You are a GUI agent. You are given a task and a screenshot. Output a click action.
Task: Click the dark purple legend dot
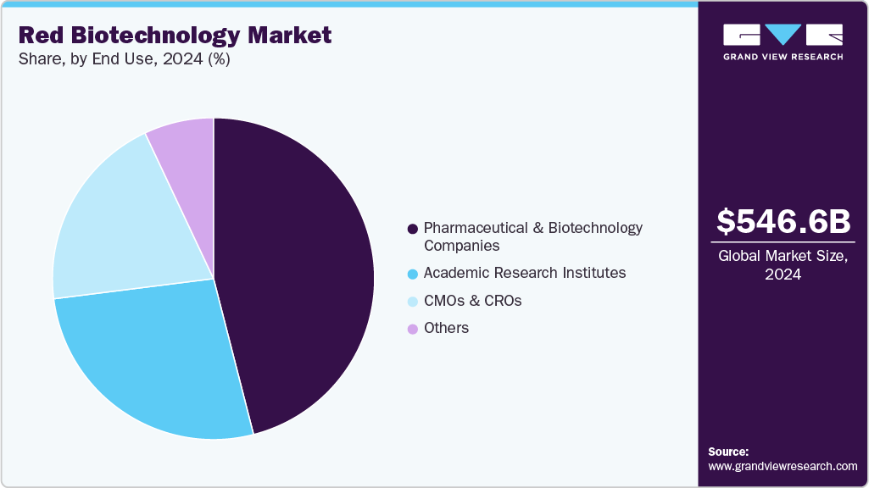pyautogui.click(x=413, y=229)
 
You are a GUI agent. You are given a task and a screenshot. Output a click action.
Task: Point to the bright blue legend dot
pyautogui.click(x=413, y=274)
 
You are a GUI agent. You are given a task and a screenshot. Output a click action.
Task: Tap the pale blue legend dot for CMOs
pyautogui.click(x=413, y=301)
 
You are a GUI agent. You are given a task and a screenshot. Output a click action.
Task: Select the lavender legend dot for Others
pyautogui.click(x=413, y=329)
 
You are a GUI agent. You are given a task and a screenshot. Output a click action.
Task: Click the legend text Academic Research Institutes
pyautogui.click(x=525, y=273)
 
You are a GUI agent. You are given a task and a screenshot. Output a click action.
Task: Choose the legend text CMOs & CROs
pyautogui.click(x=472, y=301)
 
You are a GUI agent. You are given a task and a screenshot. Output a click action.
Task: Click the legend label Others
pyautogui.click(x=446, y=328)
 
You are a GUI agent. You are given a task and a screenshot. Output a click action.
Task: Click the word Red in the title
pyautogui.click(x=39, y=36)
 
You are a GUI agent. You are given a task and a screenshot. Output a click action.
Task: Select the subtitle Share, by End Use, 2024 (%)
pyautogui.click(x=124, y=59)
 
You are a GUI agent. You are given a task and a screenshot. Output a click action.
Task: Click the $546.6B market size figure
pyautogui.click(x=783, y=222)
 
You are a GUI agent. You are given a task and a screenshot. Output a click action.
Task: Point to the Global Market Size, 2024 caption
pyautogui.click(x=783, y=265)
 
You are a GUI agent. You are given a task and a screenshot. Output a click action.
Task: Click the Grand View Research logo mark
pyautogui.click(x=783, y=36)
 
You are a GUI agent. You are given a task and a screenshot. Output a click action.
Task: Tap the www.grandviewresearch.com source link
pyautogui.click(x=783, y=466)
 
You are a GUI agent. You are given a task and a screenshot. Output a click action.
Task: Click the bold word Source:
pyautogui.click(x=728, y=452)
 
